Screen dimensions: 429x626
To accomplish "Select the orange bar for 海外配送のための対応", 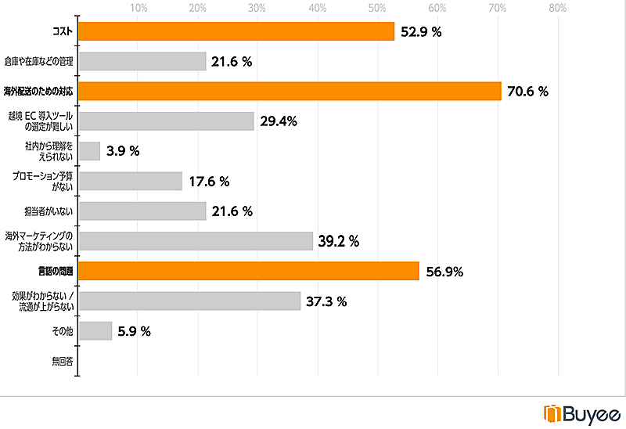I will (x=290, y=92).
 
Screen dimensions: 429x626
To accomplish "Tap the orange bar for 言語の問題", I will (x=249, y=272).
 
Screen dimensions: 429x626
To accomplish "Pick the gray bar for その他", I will (x=95, y=331).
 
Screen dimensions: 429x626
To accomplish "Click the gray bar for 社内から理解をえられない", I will (x=90, y=151).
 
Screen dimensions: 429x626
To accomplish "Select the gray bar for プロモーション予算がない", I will (x=131, y=182).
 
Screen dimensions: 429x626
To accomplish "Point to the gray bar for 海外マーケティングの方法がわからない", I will (x=196, y=241).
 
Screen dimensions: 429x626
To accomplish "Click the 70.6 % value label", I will (x=527, y=92).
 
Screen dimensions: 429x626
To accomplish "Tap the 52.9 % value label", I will (x=420, y=32).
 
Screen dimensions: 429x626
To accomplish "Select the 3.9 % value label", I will (x=123, y=152).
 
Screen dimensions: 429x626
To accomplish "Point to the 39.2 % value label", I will (x=339, y=242).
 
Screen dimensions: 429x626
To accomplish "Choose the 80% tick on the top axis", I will (x=557, y=9).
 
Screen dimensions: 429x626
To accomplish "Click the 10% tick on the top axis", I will (x=139, y=9).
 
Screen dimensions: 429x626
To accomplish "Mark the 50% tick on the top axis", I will (x=377, y=9).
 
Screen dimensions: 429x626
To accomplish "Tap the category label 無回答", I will (x=63, y=361).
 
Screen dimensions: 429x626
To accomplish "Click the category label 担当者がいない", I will (x=49, y=211).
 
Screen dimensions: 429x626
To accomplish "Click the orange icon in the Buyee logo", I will (x=552, y=413).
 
